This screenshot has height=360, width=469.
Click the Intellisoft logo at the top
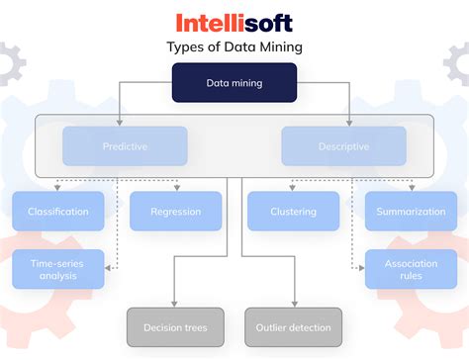point(234,23)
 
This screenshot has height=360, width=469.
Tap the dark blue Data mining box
point(234,83)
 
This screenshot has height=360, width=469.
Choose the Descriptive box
point(343,145)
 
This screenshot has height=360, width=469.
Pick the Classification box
point(58,211)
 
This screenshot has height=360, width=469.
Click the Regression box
point(176,211)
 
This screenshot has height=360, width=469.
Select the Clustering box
point(294,211)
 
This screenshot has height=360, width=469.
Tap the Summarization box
point(411,211)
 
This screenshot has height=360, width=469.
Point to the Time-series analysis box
point(58,268)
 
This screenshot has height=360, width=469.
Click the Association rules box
point(411,268)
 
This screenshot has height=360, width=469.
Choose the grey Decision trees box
point(176,326)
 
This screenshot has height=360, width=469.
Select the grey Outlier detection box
point(294,326)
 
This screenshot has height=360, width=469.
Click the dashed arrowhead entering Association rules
point(361,268)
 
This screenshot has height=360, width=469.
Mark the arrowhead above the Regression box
point(176,188)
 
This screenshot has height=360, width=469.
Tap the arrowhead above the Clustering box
point(294,188)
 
